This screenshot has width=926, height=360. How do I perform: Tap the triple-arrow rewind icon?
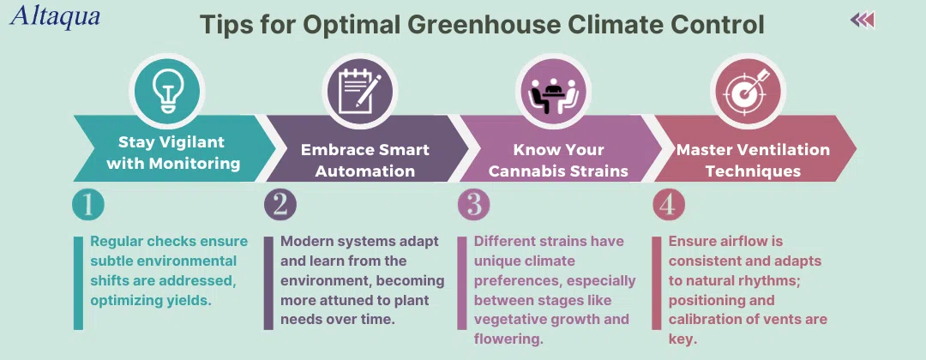[863, 21]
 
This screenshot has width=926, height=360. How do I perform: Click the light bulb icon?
[167, 92]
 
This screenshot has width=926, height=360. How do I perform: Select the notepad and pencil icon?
[359, 92]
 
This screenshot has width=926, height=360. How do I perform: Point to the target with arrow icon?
[747, 92]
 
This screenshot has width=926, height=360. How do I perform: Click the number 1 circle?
[88, 204]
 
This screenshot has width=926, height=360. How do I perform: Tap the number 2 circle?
[280, 204]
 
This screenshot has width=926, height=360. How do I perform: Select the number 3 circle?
[474, 204]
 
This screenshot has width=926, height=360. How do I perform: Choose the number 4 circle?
[669, 204]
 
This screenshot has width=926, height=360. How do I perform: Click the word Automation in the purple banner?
[365, 171]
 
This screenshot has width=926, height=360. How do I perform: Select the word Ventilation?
[779, 149]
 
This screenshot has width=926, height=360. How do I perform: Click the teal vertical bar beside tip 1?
[79, 283]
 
